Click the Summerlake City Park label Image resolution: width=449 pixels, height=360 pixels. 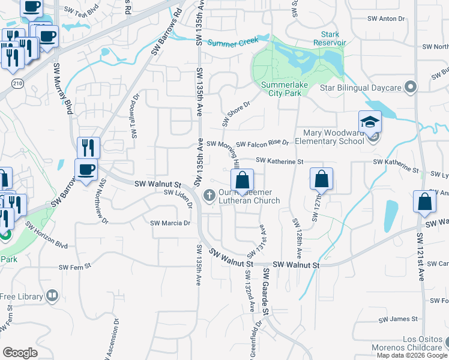click(281, 89)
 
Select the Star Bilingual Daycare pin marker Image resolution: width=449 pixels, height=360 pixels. click(411, 88)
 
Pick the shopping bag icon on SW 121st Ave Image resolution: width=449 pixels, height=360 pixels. click(424, 203)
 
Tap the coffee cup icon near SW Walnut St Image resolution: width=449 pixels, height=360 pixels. click(86, 170)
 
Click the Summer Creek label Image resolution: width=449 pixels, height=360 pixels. click(233, 41)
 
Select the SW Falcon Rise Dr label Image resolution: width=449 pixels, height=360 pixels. click(262, 144)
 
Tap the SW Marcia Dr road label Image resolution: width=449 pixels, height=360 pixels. click(170, 223)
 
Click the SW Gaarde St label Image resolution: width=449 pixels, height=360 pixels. click(265, 292)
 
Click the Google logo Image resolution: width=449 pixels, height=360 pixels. click(20, 352)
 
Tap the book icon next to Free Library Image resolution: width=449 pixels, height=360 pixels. click(53, 296)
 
